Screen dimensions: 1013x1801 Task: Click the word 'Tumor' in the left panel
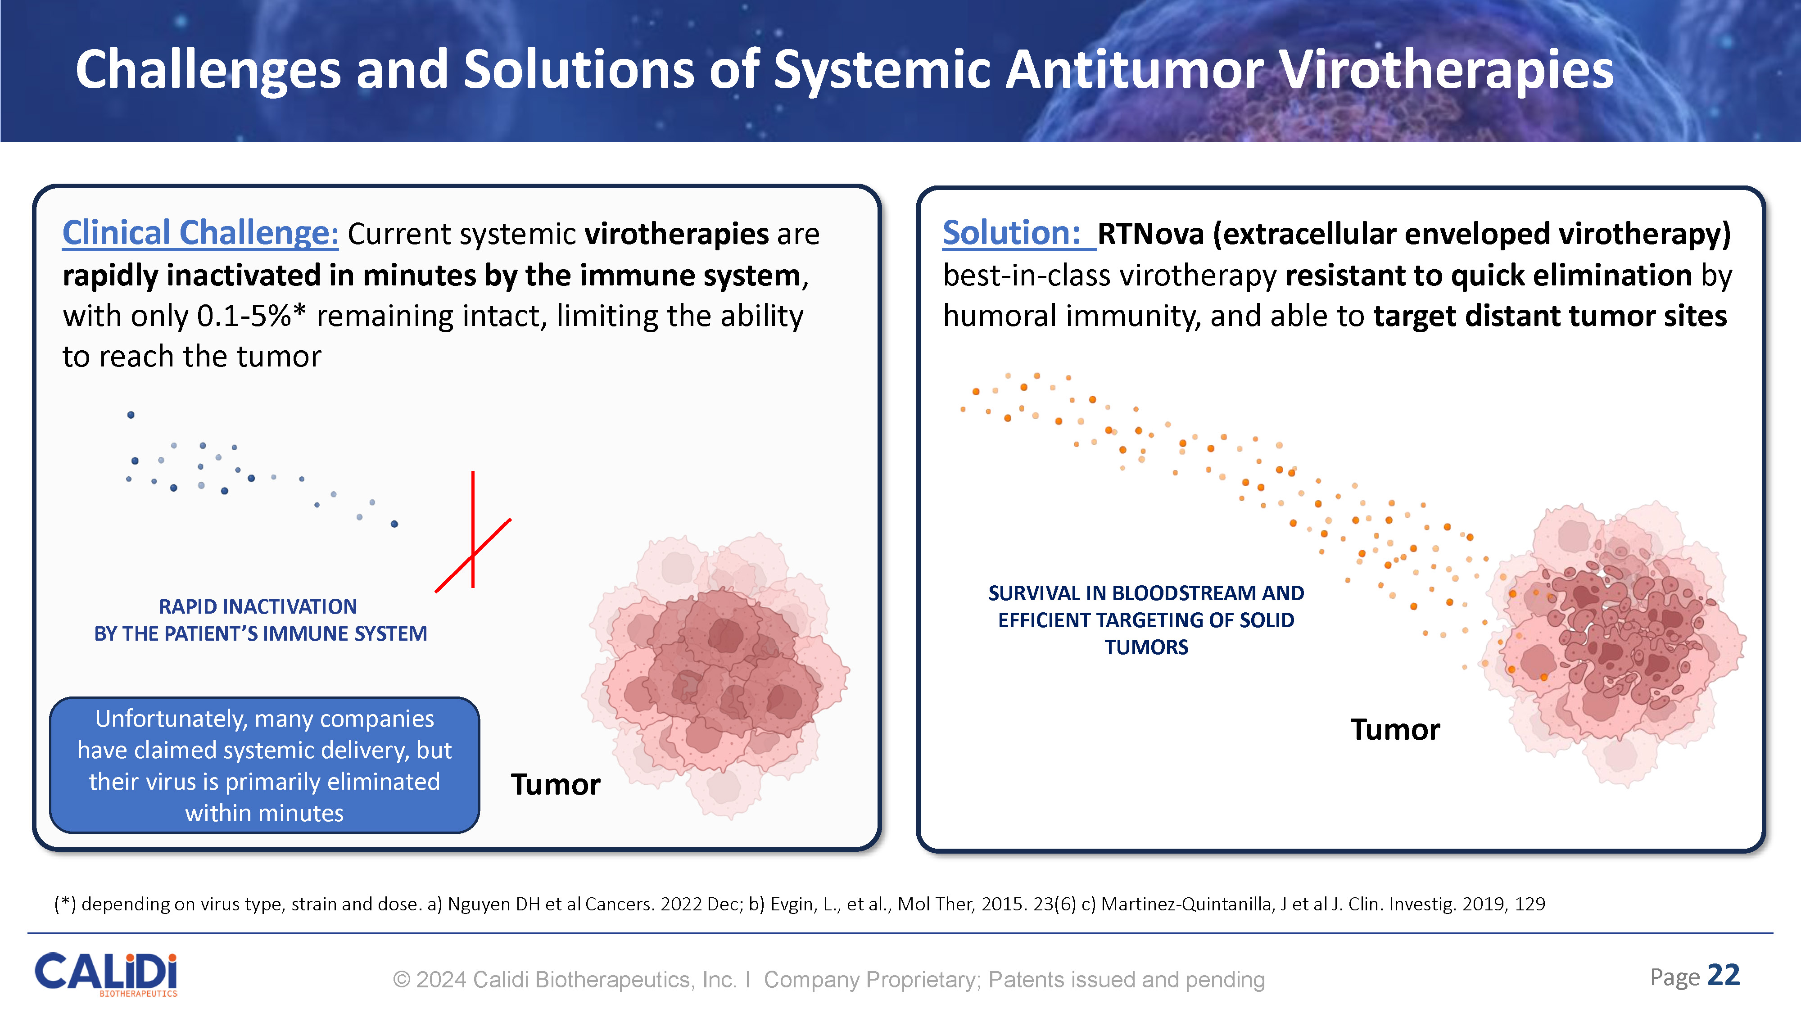(555, 784)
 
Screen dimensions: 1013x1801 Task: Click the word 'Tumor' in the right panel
(1395, 730)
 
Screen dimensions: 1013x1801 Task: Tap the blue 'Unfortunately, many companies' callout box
(264, 765)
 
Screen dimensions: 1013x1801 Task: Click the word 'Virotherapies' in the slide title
(1447, 69)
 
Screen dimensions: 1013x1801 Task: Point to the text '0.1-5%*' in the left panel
(252, 316)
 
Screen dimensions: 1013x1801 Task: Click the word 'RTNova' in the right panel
(1151, 234)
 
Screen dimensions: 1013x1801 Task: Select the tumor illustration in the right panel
(1615, 643)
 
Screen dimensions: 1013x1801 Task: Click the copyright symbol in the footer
(401, 979)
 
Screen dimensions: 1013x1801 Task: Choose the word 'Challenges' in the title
(208, 69)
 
